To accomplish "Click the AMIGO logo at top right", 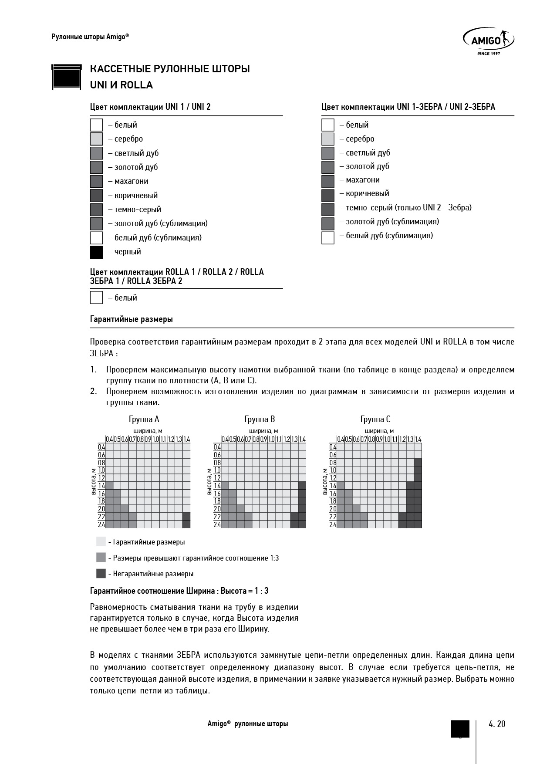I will (488, 42).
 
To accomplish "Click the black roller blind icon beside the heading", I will (67, 77).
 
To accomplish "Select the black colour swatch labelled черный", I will (96, 252).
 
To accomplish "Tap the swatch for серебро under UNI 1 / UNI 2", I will (96, 139).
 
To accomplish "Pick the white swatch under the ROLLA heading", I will (96, 297).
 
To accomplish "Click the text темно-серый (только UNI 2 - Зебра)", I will (408, 208).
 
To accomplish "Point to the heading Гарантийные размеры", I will (131, 319).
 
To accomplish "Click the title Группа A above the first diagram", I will (144, 419).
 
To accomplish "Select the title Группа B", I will (260, 419).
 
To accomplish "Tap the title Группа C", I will (375, 419).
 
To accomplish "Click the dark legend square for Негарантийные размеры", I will (101, 573).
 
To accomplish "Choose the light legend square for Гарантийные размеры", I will (101, 541).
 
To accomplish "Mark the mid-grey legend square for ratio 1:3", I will (101, 558).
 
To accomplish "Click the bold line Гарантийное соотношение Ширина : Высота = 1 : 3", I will (179, 591).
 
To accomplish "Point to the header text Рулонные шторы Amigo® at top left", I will (90, 37).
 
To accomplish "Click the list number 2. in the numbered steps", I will (93, 391).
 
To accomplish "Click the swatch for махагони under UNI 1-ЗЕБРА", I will (328, 180).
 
